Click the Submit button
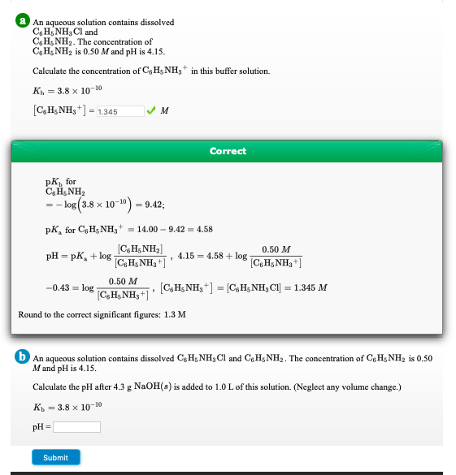pyautogui.click(x=56, y=457)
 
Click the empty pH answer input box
pyautogui.click(x=76, y=427)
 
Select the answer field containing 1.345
pyautogui.click(x=119, y=111)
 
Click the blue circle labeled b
pyautogui.click(x=24, y=358)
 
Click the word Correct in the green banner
pyautogui.click(x=228, y=151)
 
